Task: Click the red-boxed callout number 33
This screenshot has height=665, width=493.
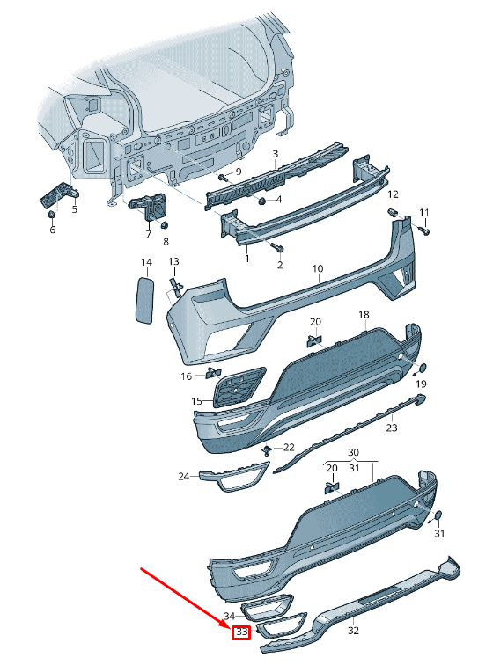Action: [x=240, y=632]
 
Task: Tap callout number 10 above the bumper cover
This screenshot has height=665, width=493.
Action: [x=317, y=268]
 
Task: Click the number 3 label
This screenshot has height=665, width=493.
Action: [x=275, y=154]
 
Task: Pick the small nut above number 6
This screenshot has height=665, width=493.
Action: [x=52, y=214]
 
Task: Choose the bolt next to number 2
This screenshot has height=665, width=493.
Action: [x=276, y=248]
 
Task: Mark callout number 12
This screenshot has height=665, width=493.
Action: [x=393, y=194]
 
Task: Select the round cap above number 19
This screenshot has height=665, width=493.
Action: [x=422, y=368]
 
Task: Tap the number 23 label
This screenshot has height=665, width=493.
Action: [x=392, y=427]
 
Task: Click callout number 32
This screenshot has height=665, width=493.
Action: [x=353, y=630]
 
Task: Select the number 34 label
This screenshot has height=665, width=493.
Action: [x=229, y=616]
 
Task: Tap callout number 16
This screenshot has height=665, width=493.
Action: [x=186, y=376]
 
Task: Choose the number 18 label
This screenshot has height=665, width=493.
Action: [x=363, y=315]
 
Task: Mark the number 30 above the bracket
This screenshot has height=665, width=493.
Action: [x=354, y=452]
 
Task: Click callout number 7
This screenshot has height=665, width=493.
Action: [x=148, y=235]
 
